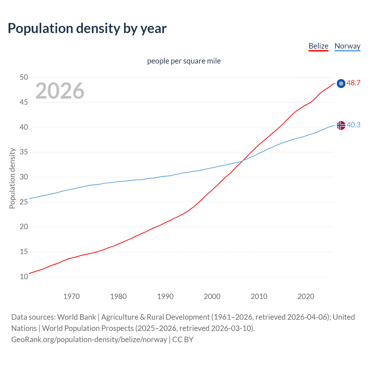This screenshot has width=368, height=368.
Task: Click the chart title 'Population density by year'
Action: [x=87, y=28]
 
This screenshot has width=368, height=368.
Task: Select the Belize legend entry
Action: [x=318, y=46]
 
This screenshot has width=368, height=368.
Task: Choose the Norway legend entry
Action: [x=347, y=46]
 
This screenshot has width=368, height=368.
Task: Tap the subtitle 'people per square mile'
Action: [x=184, y=61]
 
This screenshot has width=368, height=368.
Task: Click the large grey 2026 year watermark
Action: [x=60, y=91]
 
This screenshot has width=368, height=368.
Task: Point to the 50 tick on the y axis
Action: [x=24, y=77]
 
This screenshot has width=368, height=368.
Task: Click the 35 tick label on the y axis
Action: [x=24, y=152]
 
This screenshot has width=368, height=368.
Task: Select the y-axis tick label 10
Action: [x=24, y=277]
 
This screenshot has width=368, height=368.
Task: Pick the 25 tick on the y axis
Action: [x=24, y=202]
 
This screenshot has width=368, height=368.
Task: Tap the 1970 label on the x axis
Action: [x=71, y=296]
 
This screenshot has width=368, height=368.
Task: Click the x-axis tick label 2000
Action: [x=212, y=296]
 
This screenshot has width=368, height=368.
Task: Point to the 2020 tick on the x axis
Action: [x=306, y=296]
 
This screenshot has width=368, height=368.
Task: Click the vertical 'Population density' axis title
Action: [x=12, y=178]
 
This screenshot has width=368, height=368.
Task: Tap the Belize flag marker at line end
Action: [x=341, y=83]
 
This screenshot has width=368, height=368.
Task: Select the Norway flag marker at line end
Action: [x=341, y=125]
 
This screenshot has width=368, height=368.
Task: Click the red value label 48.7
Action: [x=353, y=83]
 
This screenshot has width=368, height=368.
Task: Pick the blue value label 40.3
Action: [x=353, y=125]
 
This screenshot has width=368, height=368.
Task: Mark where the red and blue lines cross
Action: [x=242, y=161]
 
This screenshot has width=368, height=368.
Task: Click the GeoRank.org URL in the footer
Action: [x=89, y=340]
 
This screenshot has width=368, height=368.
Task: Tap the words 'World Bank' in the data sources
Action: [x=76, y=317]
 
